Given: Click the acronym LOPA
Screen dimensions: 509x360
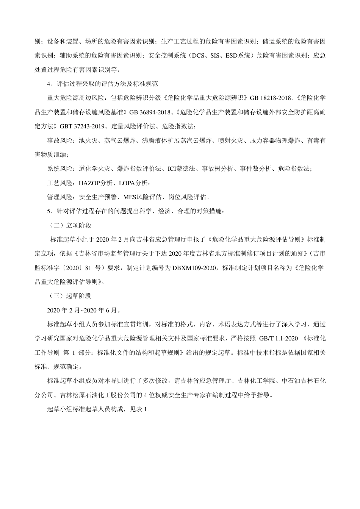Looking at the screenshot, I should point(127,183).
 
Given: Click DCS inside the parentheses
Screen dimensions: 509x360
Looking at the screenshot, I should point(199,55).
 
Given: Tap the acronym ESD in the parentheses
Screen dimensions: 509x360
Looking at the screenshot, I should point(231,55).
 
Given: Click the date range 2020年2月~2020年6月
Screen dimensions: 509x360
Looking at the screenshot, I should point(83,310).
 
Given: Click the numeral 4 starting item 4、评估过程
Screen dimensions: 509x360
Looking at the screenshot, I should point(49,84).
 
